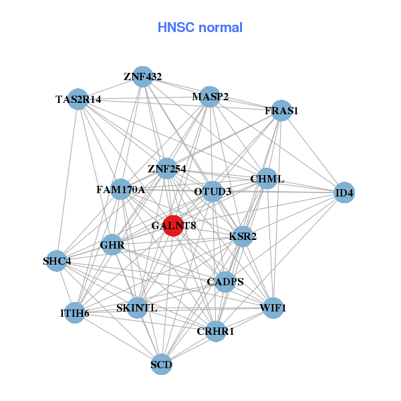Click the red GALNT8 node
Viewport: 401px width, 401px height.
[x=173, y=225]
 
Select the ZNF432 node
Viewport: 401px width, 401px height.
[x=142, y=76]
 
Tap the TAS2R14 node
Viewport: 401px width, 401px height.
[x=79, y=99]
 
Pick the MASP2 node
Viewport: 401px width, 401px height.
[x=211, y=97]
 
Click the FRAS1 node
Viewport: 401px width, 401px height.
[x=281, y=110]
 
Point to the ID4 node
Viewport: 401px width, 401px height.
[x=344, y=193]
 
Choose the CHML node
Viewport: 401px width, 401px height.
[x=267, y=179]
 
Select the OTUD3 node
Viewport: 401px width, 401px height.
[x=213, y=192]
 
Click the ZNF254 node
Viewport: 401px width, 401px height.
[x=167, y=168]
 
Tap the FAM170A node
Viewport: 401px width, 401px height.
[x=121, y=190]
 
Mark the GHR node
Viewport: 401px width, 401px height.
[x=112, y=245]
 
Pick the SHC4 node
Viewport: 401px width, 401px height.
[x=57, y=261]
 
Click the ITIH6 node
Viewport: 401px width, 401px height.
[x=75, y=312]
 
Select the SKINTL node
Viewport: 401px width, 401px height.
[x=137, y=308]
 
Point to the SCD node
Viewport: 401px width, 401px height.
[x=161, y=364]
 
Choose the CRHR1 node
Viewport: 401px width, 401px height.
[x=216, y=330]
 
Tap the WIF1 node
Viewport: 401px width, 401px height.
[x=273, y=308]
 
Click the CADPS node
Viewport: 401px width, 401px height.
[x=225, y=282]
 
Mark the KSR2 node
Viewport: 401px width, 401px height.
[x=243, y=236]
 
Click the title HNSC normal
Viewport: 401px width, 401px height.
[x=200, y=27]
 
